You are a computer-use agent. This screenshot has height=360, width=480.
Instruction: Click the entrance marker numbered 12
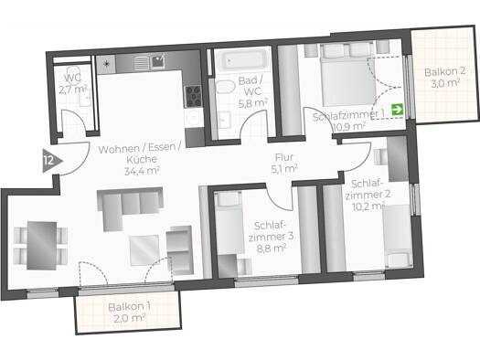coord(51,161)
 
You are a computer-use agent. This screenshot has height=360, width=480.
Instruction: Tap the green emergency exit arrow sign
coord(398,110)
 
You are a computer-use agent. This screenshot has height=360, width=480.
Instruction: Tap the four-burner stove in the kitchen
coord(193,96)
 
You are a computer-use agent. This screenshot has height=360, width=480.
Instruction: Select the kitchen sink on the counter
coord(158,62)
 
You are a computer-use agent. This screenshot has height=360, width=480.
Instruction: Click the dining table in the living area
coord(42,246)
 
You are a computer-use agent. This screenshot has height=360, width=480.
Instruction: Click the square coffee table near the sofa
coord(144,249)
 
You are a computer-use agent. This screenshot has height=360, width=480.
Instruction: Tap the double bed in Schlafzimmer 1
coord(348,75)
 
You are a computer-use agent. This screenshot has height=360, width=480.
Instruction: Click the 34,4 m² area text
coord(142,170)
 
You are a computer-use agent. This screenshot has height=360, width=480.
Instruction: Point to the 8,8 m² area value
coord(272,248)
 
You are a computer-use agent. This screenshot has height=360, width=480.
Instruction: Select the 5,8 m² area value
coord(253,103)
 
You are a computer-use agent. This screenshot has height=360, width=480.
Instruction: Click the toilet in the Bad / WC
coord(225,87)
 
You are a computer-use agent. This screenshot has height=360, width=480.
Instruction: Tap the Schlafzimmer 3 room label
coord(271,231)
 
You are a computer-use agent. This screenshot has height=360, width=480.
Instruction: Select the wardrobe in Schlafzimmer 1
coord(289,90)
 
